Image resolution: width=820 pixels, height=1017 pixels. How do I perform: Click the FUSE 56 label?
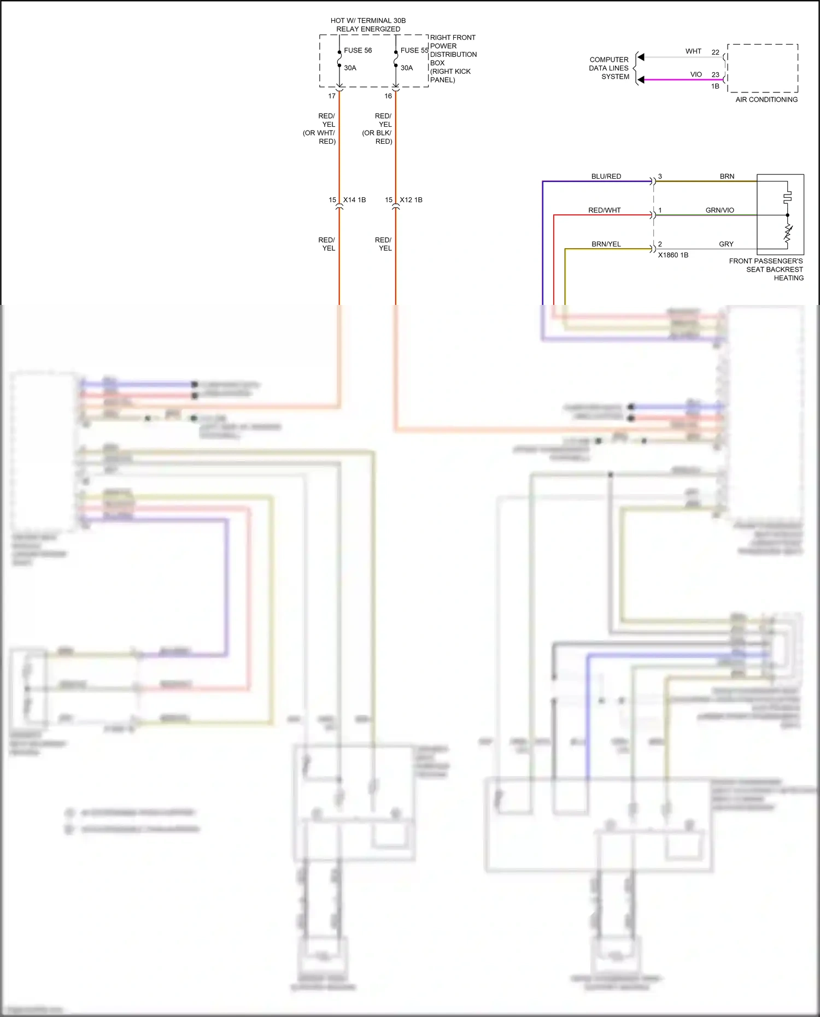pyautogui.click(x=358, y=50)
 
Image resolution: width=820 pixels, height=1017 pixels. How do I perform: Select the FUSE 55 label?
pyautogui.click(x=414, y=50)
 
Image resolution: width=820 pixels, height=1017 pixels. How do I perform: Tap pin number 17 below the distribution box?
pyautogui.click(x=332, y=96)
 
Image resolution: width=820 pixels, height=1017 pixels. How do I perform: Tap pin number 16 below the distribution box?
pyautogui.click(x=388, y=96)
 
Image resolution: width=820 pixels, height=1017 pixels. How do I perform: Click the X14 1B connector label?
pyautogui.click(x=354, y=200)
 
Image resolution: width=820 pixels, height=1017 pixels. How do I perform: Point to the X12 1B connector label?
pyautogui.click(x=411, y=200)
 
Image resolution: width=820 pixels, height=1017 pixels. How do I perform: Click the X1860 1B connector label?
pyautogui.click(x=673, y=255)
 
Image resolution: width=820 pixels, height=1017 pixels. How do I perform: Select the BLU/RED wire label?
pyautogui.click(x=606, y=177)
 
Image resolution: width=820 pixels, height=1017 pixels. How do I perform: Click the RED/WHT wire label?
pyautogui.click(x=605, y=210)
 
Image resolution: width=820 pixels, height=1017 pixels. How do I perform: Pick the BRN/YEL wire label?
pyautogui.click(x=606, y=244)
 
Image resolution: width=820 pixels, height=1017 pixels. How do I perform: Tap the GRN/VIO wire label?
pyautogui.click(x=720, y=210)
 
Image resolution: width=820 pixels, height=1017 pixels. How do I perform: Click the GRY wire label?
pyautogui.click(x=726, y=244)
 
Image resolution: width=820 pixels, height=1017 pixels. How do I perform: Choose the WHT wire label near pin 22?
pyautogui.click(x=693, y=51)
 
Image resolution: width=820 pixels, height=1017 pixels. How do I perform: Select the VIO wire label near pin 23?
pyautogui.click(x=696, y=74)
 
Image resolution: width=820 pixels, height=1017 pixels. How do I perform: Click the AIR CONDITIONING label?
pyautogui.click(x=766, y=99)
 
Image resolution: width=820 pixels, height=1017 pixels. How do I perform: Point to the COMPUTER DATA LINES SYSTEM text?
pyautogui.click(x=609, y=68)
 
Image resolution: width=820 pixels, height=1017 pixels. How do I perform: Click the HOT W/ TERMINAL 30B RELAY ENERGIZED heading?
pyautogui.click(x=368, y=25)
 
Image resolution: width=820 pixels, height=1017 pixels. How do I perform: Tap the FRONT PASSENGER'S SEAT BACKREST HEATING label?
pyautogui.click(x=766, y=269)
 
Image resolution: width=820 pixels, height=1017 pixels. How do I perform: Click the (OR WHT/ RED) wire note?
pyautogui.click(x=319, y=137)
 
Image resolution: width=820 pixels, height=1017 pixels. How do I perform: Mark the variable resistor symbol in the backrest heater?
pyautogui.click(x=788, y=233)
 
